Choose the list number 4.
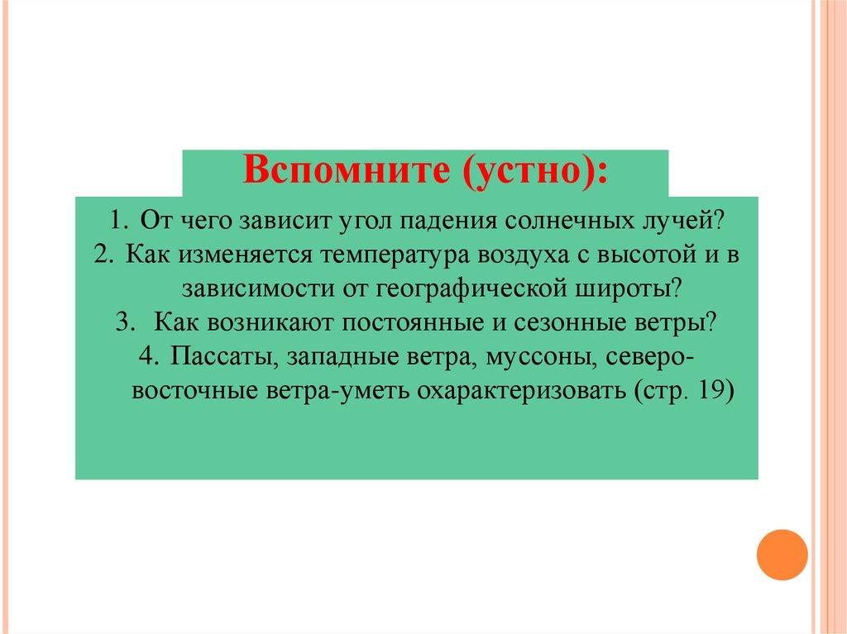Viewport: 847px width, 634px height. (x=149, y=356)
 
